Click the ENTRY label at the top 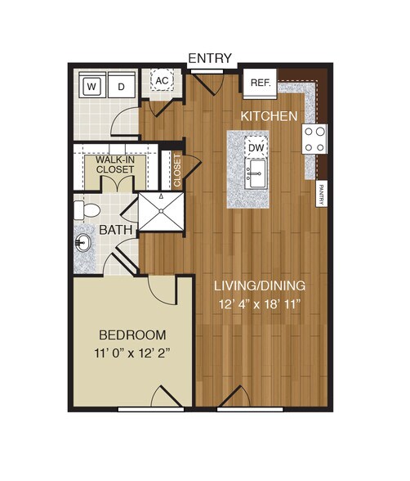210,58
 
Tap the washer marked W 92,85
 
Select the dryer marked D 121,85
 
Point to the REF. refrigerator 260,83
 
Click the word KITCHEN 269,116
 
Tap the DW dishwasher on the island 256,146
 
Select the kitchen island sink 256,172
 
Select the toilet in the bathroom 82,209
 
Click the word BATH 117,232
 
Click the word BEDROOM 132,335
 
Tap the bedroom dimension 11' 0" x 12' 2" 132,353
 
